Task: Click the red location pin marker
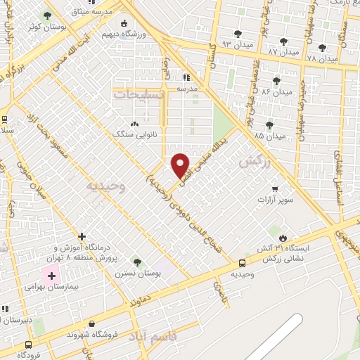click(181, 164)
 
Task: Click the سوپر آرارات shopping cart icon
click(274, 188)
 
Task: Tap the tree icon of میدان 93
click(236, 33)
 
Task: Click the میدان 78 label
click(321, 59)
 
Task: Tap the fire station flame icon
click(283, 237)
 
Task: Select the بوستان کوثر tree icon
click(48, 15)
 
